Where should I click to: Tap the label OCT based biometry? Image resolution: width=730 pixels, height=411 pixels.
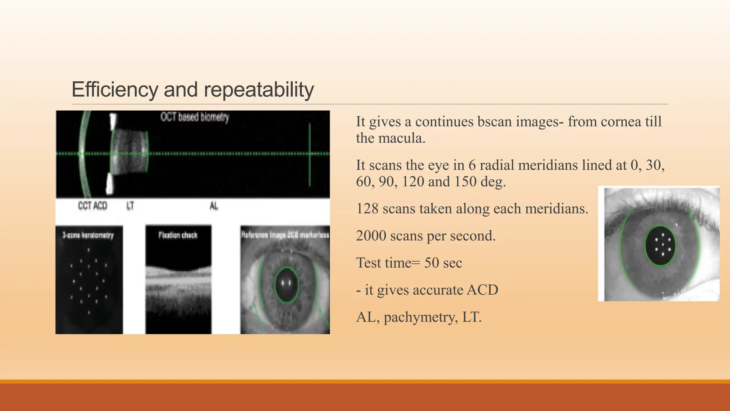[x=195, y=117]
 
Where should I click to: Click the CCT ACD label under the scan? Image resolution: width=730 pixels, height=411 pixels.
[x=93, y=206]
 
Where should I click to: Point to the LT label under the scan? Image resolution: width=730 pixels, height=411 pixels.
[x=130, y=206]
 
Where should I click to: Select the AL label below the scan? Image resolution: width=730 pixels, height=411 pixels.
[x=214, y=206]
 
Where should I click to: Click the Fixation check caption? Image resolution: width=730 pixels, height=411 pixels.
[x=178, y=235]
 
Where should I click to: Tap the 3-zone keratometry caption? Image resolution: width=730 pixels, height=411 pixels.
[x=88, y=235]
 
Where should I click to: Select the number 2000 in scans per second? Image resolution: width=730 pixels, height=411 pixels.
[x=371, y=236]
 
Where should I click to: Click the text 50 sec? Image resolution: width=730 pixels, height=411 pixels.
[x=443, y=263]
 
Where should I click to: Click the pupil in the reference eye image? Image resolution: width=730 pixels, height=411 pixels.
[x=286, y=285]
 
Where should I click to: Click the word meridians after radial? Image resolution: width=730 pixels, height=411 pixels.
[x=552, y=166]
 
